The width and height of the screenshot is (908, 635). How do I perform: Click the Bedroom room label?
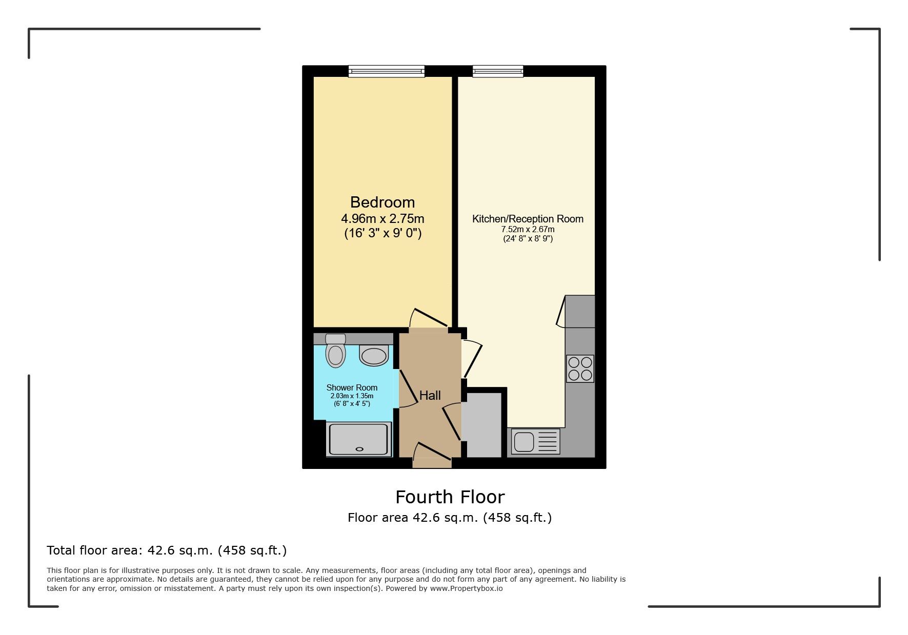tap(382, 202)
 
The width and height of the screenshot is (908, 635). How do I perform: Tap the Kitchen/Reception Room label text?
tap(528, 219)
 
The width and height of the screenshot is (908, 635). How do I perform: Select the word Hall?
tap(430, 395)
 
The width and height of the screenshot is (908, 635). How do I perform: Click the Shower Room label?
tap(352, 387)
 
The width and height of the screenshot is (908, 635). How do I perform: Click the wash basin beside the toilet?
tap(374, 356)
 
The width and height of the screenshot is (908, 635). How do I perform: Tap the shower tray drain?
tap(359, 449)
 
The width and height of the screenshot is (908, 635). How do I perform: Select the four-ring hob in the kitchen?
tap(580, 368)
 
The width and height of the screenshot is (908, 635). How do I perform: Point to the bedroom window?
tap(386, 71)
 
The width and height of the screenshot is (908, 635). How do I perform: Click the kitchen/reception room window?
tap(497, 71)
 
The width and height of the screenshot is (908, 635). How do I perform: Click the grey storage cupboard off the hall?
tap(483, 424)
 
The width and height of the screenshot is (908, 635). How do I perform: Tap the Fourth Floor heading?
tap(450, 497)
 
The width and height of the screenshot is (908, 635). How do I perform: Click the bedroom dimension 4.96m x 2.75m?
tap(382, 219)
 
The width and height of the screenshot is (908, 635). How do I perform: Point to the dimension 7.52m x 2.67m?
tap(528, 230)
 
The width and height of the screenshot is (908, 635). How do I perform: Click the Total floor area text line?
tap(167, 550)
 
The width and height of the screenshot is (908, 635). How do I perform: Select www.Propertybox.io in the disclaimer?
tap(466, 588)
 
